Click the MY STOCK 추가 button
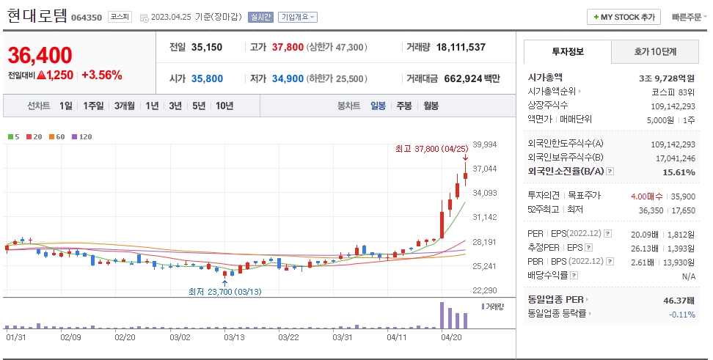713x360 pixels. coord(624,17)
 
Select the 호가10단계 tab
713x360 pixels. coord(655,52)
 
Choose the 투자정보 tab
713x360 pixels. coord(567,52)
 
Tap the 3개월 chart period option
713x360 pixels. coord(125,106)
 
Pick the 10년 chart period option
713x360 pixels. coord(224,106)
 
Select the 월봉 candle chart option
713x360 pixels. coord(431,106)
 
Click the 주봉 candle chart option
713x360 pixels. coord(404,106)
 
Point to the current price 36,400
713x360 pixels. coord(40,55)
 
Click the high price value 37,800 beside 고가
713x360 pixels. coord(288,47)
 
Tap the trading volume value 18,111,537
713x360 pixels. coord(461,47)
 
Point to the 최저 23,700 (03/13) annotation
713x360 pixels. coord(224,291)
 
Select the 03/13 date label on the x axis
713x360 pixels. coord(234,337)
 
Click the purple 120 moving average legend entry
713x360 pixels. coord(82,136)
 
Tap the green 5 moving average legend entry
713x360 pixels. coord(13,136)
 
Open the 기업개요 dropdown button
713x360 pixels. coord(298,17)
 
